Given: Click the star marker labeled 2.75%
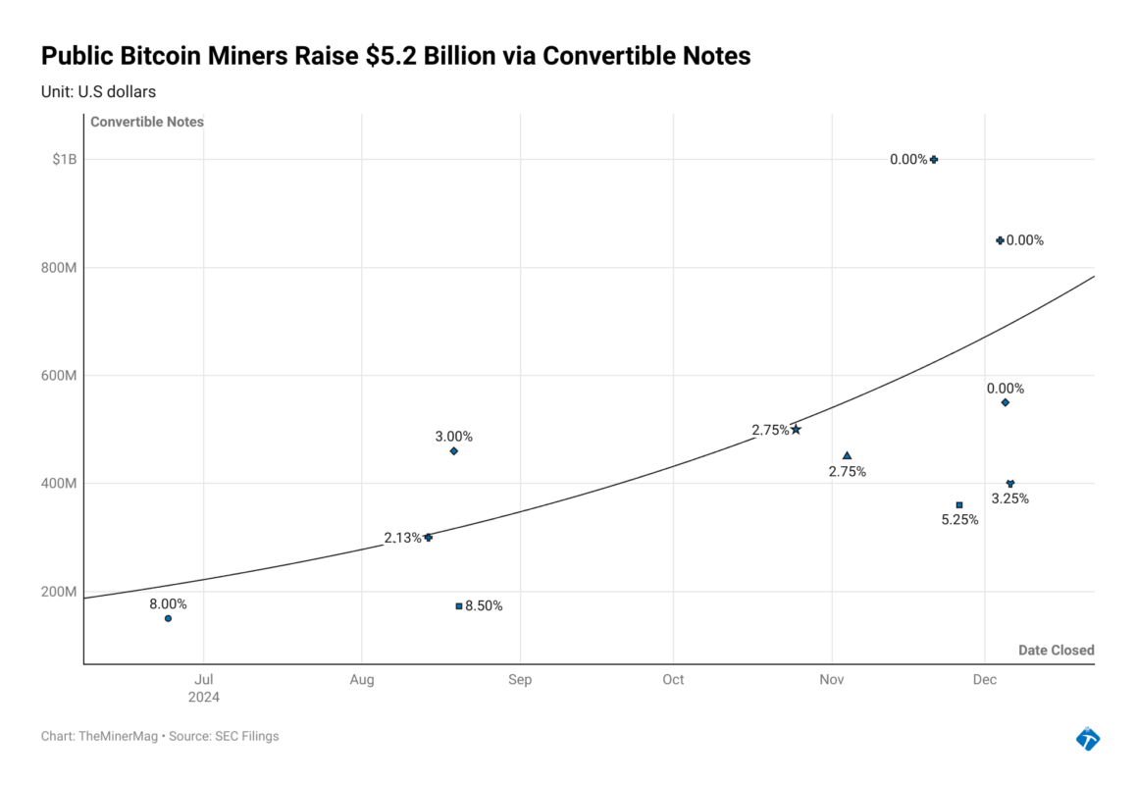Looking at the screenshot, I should click(796, 429).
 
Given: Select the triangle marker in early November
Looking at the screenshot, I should click(847, 455).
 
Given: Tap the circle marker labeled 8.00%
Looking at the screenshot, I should click(168, 618).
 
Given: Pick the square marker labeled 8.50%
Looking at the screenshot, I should click(458, 605).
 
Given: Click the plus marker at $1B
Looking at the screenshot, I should click(934, 159).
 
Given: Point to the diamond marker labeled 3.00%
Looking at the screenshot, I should click(453, 450).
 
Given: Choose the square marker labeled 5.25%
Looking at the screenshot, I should click(958, 504).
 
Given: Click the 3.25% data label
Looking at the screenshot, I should click(1009, 498).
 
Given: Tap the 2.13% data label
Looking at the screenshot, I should click(402, 538).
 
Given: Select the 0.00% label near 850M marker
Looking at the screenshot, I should click(1024, 240).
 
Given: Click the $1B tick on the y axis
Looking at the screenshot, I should click(64, 159).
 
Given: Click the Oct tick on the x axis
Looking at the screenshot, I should click(673, 680).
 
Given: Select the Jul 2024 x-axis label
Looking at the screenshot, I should click(204, 688).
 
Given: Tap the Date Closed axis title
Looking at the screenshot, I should click(1056, 650).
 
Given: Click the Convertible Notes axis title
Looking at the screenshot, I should click(147, 122).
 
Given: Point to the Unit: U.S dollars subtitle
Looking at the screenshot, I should click(98, 91).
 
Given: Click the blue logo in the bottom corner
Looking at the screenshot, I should click(1087, 738).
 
